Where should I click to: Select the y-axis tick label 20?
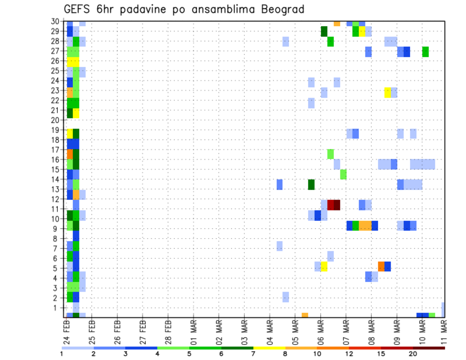[56, 120]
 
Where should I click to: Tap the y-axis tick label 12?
[56, 199]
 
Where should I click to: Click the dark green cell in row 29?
[324, 31]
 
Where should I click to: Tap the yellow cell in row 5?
[324, 266]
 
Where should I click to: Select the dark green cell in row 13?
[311, 184]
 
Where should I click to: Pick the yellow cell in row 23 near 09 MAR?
[387, 92]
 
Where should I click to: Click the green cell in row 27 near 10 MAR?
[425, 51]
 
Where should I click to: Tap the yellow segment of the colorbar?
[269, 348]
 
